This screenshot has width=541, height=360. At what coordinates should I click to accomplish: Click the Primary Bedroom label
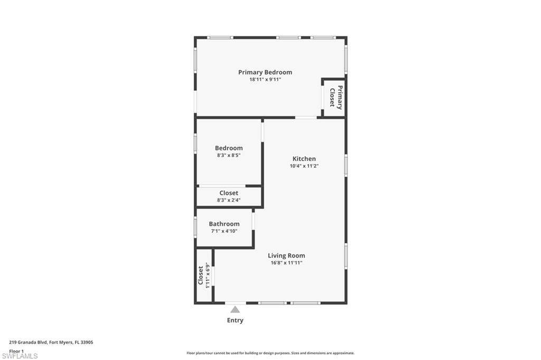coord(265,72)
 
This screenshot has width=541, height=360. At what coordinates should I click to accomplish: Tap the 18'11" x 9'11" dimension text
coord(265,79)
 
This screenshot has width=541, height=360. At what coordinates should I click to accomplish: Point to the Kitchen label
coord(304,158)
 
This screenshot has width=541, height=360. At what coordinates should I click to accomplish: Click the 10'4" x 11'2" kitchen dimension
coord(304,166)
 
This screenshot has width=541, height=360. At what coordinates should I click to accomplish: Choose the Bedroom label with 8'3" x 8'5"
coord(229,148)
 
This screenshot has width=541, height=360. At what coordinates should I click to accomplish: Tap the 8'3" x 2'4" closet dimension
coord(229,200)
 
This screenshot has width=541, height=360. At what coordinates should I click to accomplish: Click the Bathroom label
coord(224,224)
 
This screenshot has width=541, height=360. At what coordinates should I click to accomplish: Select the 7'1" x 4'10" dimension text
coord(224,231)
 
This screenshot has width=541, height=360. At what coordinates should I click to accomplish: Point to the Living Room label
coord(286,255)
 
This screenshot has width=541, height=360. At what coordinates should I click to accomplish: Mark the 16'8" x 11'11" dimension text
coord(286,263)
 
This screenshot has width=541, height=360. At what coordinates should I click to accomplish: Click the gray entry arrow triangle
coord(235,309)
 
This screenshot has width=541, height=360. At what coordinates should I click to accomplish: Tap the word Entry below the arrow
coord(235,320)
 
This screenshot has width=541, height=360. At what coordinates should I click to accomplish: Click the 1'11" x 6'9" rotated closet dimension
coord(208,276)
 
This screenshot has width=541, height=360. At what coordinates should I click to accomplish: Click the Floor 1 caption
coord(16,351)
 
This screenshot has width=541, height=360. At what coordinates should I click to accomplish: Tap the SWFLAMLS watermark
coord(20,356)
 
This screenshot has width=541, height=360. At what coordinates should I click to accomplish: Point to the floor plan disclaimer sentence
coord(270,353)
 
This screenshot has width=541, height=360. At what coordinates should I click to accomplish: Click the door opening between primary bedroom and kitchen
coord(306,118)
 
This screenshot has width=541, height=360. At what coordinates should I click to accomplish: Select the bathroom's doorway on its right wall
coord(253,221)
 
